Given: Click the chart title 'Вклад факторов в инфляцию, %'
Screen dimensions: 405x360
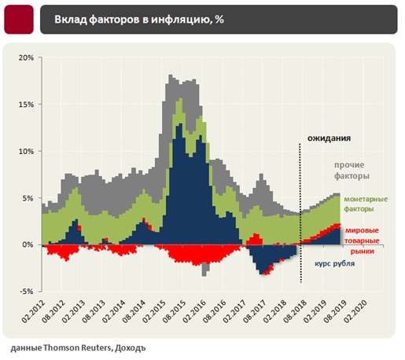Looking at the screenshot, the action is [139, 20].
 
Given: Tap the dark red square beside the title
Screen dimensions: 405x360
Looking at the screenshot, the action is [19, 20].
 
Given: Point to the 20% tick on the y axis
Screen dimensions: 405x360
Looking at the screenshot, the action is [26, 57].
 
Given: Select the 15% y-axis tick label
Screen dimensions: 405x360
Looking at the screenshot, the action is [26, 105].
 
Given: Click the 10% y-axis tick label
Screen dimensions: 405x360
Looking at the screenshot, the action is [26, 152].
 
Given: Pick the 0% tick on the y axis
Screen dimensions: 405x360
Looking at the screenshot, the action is [28, 244].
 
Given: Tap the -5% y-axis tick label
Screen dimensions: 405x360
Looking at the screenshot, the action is [27, 292].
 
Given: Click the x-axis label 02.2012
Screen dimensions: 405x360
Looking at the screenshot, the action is [33, 311].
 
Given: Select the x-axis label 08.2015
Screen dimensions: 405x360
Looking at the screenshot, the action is [175, 311].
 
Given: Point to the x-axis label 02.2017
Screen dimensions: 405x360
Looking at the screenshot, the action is [234, 311].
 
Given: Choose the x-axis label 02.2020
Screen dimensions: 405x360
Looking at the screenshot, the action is [355, 311].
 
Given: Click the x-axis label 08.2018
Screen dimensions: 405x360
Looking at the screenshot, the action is [295, 311].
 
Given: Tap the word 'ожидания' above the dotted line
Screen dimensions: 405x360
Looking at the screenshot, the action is [329, 138].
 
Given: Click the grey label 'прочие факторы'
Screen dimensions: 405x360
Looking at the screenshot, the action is [352, 171].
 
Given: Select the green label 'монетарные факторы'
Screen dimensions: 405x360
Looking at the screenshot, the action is [366, 204].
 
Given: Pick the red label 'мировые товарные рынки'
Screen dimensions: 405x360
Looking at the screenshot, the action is [362, 241].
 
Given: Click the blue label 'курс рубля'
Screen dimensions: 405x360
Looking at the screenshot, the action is [334, 263].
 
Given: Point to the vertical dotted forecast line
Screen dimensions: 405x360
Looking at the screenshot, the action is [300, 213].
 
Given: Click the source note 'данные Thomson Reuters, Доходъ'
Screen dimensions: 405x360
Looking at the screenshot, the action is [78, 348].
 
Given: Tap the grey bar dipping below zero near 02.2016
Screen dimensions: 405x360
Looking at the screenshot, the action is [206, 269].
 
